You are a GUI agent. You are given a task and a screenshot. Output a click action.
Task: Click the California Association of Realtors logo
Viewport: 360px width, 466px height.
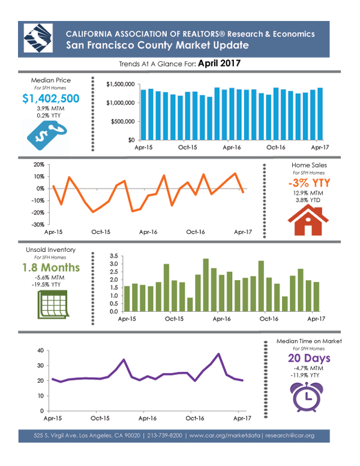coord(38,38)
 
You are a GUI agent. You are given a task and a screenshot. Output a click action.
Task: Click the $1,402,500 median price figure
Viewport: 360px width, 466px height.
coord(51,98)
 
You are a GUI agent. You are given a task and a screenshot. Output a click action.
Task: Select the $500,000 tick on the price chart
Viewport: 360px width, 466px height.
coord(123,121)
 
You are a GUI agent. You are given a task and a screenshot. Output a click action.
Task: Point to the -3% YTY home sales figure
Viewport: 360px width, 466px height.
coord(309,182)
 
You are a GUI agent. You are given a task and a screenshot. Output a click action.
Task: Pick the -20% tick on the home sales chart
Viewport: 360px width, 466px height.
coord(38,212)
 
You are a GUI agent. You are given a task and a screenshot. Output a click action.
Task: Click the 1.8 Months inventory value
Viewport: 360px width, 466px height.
coord(51,267)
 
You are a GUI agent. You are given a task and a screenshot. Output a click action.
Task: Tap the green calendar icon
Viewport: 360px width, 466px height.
coord(53,305)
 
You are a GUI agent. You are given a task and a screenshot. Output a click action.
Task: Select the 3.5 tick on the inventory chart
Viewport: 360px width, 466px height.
coord(113,256)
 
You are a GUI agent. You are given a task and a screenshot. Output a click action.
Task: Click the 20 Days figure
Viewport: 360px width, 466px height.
coord(309,358)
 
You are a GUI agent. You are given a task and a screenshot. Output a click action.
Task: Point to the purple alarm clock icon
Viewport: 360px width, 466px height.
coord(307,397)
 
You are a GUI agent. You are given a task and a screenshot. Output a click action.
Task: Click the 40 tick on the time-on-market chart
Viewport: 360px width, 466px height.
coord(41,350)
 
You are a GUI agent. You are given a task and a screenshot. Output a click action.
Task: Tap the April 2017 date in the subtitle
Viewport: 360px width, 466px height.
coord(219,64)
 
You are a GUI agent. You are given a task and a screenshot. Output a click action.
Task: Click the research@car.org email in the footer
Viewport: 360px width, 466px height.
coord(290,435)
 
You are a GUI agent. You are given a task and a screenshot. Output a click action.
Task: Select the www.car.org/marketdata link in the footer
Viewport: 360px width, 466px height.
coord(225,435)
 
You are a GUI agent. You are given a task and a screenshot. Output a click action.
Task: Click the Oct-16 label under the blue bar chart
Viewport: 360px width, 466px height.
coord(275,148)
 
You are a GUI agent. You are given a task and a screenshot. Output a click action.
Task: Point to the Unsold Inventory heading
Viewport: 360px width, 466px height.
coord(51,249)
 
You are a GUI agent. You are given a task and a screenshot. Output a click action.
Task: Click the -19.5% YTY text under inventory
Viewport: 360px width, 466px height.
coord(46,285)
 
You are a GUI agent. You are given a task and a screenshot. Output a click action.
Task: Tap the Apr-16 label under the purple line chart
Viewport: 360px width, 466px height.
coord(148,419)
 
